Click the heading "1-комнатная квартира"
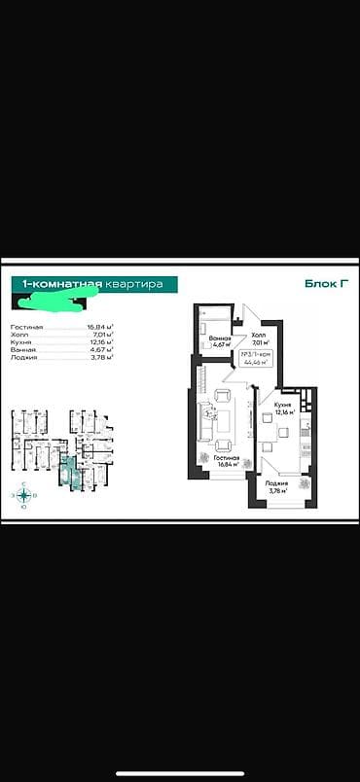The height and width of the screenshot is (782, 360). pyautogui.click(x=93, y=283)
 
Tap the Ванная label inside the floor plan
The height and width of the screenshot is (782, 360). pyautogui.click(x=219, y=339)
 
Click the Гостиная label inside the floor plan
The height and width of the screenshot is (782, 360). pyautogui.click(x=227, y=456)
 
